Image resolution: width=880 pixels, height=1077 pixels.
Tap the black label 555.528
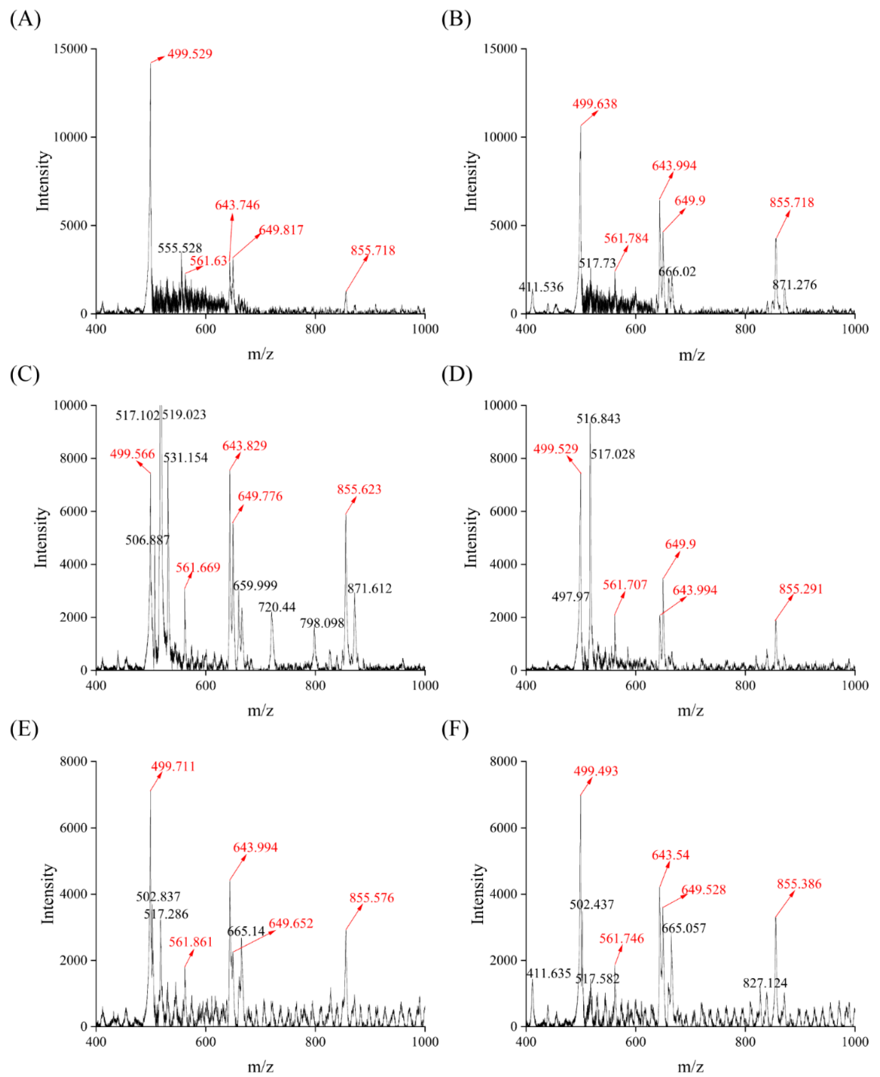click(x=180, y=248)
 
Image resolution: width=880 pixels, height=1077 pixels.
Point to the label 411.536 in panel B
click(x=541, y=287)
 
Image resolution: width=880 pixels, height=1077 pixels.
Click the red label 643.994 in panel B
click(x=674, y=166)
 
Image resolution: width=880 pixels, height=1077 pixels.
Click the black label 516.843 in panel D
click(x=598, y=419)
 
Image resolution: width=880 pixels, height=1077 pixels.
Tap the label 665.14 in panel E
click(x=246, y=932)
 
